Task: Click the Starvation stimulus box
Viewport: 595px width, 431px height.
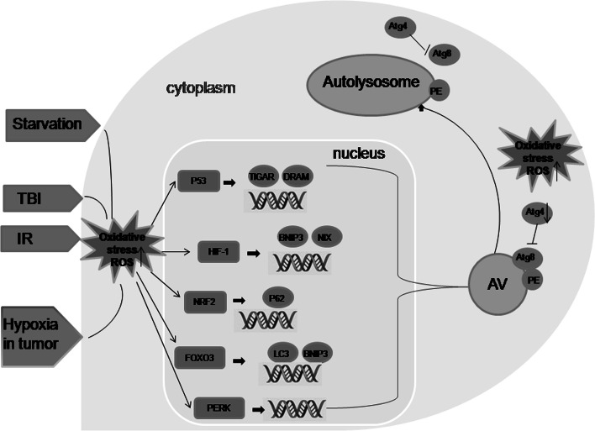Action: [48, 124]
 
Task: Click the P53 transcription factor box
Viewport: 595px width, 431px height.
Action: [199, 180]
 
